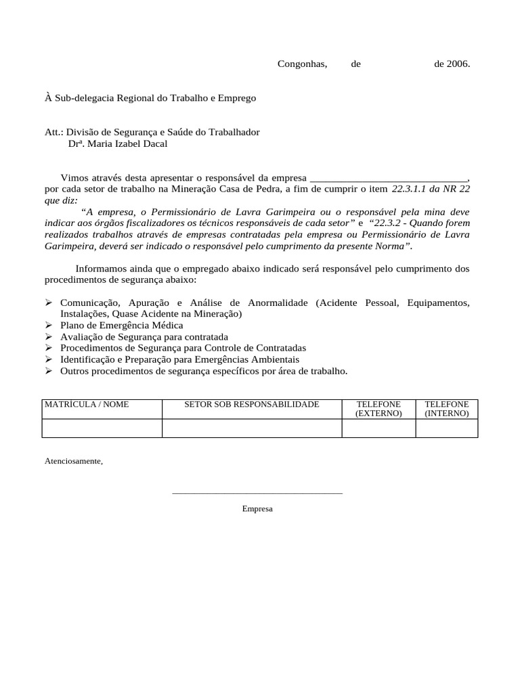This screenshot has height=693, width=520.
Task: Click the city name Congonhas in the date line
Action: click(302, 64)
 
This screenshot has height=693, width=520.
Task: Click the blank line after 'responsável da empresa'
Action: click(387, 178)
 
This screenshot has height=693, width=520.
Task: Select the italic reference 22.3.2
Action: click(387, 223)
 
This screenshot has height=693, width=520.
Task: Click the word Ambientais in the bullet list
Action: click(276, 359)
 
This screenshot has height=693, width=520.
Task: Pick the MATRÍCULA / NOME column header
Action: click(87, 405)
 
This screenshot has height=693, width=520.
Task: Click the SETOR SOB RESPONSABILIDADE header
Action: click(251, 405)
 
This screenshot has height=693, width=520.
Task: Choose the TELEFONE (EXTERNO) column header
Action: click(378, 409)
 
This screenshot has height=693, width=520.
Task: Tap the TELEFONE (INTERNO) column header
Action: click(446, 409)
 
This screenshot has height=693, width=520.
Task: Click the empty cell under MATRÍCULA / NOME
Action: click(102, 428)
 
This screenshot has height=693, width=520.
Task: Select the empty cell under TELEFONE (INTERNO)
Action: click(446, 428)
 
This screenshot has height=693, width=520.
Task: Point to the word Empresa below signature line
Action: click(257, 508)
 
